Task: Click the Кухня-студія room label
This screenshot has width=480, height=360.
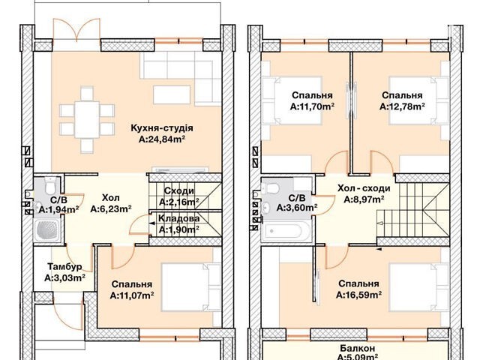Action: pyautogui.click(x=162, y=128)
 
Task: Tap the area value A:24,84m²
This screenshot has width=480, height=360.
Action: pyautogui.click(x=162, y=139)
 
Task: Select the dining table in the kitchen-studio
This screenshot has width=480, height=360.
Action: pyautogui.click(x=87, y=120)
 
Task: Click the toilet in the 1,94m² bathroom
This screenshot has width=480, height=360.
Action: pyautogui.click(x=49, y=185)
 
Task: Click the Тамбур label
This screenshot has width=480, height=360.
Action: pyautogui.click(x=64, y=267)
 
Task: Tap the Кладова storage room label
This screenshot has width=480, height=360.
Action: pyautogui.click(x=178, y=218)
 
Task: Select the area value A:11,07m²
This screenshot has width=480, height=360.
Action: pyautogui.click(x=132, y=295)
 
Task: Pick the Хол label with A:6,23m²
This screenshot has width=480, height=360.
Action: pyautogui.click(x=111, y=197)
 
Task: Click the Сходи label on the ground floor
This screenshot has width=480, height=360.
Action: pyautogui.click(x=179, y=190)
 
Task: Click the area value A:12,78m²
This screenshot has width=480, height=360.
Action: pyautogui.click(x=402, y=106)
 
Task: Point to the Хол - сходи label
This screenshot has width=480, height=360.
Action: pyautogui.click(x=364, y=188)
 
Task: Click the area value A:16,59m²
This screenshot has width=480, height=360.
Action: pyautogui.click(x=358, y=295)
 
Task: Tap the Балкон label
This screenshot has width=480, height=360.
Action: pyautogui.click(x=357, y=348)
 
